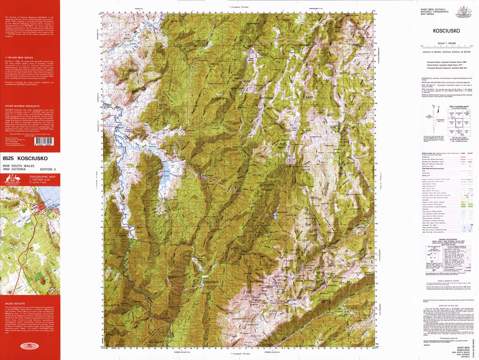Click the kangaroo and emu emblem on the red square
pos(15,180)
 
